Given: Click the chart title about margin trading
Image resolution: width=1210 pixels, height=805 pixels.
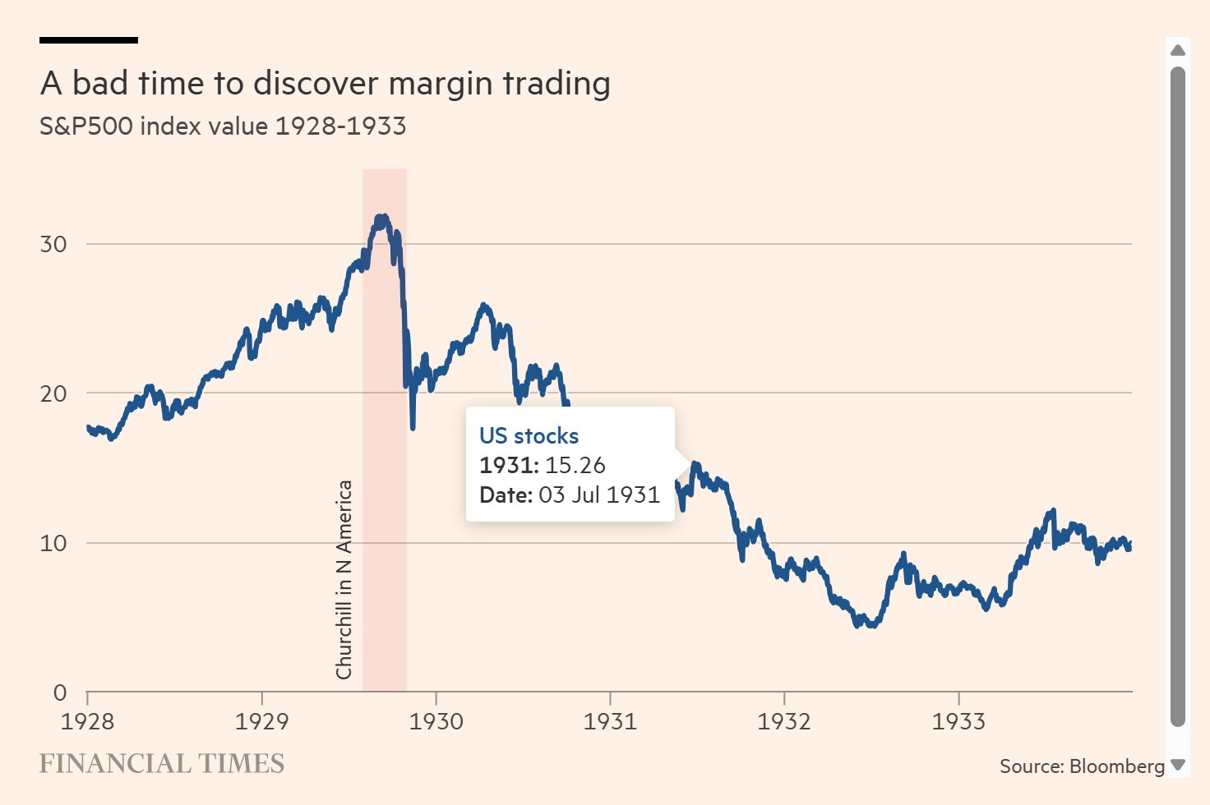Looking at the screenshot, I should click(x=325, y=84).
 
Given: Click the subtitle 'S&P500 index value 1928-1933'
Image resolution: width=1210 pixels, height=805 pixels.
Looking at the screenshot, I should click(x=223, y=126).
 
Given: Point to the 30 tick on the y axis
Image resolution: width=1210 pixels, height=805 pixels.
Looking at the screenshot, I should click(x=53, y=244).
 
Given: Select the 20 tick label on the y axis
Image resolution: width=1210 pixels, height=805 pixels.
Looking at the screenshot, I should click(x=53, y=393).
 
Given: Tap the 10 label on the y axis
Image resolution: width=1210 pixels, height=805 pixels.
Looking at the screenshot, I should click(x=53, y=543).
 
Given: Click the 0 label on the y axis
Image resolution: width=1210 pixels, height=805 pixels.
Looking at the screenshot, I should click(x=60, y=692).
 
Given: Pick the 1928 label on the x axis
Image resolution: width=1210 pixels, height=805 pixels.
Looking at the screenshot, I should click(x=88, y=721).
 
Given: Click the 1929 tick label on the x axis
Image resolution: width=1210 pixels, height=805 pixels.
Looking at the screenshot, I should click(x=262, y=721).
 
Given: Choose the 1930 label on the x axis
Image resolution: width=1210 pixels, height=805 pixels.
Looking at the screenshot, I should click(x=436, y=721).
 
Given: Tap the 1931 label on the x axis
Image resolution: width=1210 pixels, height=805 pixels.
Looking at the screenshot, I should click(x=610, y=721).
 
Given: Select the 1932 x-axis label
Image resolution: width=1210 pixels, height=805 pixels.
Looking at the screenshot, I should click(x=784, y=721).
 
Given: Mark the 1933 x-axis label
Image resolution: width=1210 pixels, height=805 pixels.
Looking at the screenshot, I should click(x=958, y=721).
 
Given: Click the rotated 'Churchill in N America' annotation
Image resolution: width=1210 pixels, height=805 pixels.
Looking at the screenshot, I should click(x=344, y=579).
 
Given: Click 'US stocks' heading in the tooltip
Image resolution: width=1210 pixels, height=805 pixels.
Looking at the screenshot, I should click(x=529, y=436).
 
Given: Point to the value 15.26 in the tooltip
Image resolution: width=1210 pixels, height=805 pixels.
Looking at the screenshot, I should click(x=575, y=466).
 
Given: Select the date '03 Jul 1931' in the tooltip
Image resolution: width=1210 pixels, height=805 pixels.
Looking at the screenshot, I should click(x=599, y=495).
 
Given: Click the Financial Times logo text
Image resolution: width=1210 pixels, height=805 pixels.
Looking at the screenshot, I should click(x=162, y=764).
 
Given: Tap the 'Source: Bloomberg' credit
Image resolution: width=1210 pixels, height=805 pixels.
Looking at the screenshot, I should click(x=1082, y=766).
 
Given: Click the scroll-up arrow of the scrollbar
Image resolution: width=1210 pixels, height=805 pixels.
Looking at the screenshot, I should click(x=1178, y=50).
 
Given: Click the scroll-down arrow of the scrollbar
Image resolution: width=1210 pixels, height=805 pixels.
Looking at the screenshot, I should click(x=1178, y=765).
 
